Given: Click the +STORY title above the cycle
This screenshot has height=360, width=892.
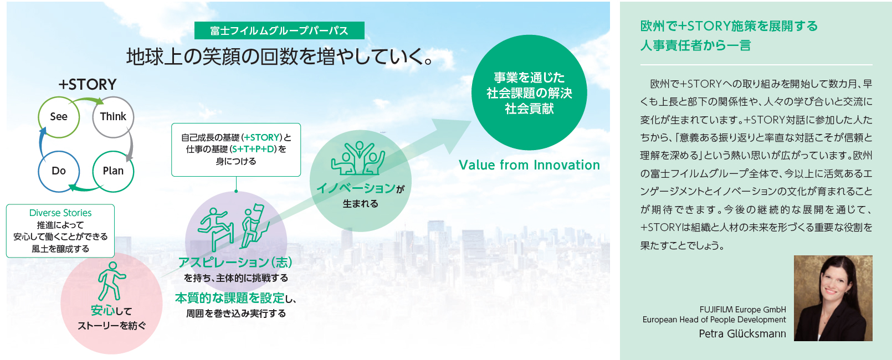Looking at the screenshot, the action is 87,84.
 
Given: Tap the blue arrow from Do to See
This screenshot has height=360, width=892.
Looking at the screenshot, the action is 41,143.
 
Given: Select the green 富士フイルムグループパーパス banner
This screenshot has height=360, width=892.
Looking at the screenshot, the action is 279,30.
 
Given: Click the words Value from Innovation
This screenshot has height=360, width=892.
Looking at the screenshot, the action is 529,165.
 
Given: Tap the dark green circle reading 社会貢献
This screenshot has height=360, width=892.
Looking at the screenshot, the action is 529,92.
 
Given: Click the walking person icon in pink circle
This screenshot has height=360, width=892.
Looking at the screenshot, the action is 111,281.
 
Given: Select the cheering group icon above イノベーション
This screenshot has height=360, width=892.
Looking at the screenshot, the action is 358,158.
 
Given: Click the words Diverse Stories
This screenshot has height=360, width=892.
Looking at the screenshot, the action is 60,213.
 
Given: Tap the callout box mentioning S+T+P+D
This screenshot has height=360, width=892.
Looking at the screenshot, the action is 236,150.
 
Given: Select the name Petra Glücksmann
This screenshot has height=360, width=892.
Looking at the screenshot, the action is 742,334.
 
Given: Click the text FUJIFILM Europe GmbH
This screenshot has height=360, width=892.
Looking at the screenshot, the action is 742,310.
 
